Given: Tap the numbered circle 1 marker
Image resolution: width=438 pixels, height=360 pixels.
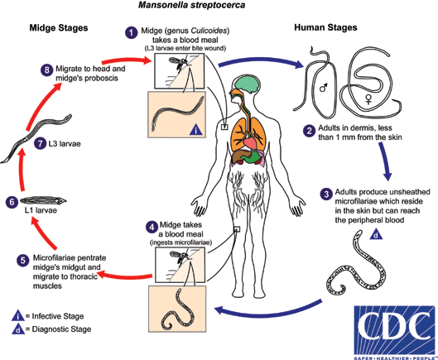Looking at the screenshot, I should tap(130, 32).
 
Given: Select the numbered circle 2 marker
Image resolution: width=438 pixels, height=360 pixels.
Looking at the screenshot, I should tap(307, 129).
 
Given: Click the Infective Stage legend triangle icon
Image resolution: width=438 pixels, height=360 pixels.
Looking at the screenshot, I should tap(17, 314).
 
